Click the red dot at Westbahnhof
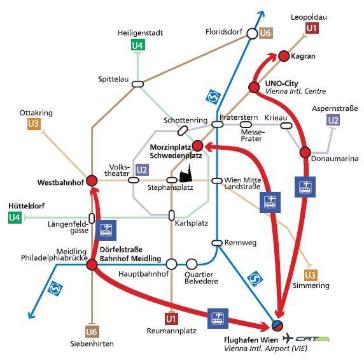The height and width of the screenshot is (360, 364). coord(92,180)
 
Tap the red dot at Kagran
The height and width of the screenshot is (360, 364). coord(283,56)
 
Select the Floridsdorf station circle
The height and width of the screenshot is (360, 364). coord(252,34)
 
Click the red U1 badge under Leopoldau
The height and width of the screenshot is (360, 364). coord(312,28)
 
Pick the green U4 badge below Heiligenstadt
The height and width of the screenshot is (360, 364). coord(138,45)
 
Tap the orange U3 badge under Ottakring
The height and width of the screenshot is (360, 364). coord(34,124)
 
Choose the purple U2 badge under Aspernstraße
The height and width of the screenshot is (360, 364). coord(333,120)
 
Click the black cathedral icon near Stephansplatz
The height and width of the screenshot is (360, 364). coord(186,174)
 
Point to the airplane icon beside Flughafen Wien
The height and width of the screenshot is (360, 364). coord(288,338)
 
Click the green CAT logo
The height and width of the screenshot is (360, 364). coord(312,339)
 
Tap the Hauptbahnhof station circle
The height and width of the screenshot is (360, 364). coord(172,264)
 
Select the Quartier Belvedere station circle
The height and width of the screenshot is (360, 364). coord(192,264)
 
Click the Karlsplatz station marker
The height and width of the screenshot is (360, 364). coord(172,215)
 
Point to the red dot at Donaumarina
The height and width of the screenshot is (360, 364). coord(305,152)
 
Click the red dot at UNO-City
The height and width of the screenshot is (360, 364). coord(254,87)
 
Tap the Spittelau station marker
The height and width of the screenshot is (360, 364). coord(137,84)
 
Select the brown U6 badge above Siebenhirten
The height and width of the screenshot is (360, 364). coord(92,332)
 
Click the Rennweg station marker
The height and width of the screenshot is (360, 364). coord(217,243)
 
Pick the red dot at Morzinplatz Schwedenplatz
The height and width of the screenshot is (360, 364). coord(197,146)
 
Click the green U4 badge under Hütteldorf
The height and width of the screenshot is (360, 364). coord(15,218)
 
